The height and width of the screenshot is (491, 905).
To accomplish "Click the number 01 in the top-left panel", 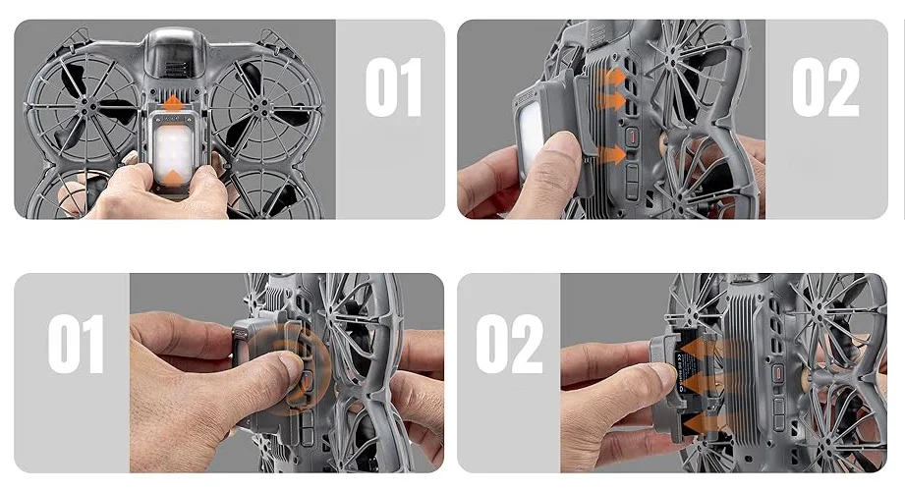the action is pos(394,87).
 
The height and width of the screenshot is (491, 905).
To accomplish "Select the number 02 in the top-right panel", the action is pos(825,87).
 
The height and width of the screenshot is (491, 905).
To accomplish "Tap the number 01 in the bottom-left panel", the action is pos(77,344).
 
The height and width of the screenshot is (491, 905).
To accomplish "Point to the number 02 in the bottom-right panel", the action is pos(510,344).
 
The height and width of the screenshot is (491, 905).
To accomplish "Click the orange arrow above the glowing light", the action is pos(173,104).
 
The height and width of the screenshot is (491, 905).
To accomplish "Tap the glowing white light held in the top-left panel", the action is pos(173,150).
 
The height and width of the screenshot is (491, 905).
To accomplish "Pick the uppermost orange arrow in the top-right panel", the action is pos(612,78).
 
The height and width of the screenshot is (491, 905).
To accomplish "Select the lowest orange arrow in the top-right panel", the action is pos(612,154).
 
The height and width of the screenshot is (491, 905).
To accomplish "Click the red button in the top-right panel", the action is pos(633,137).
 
